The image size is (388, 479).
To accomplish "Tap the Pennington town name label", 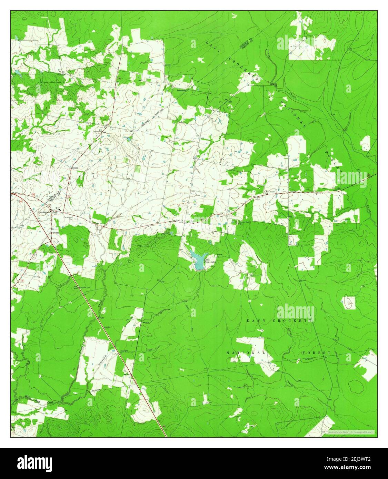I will point(44,212).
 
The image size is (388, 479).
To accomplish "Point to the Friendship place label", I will point(181,90).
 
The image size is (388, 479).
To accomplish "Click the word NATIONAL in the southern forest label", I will point(246,353).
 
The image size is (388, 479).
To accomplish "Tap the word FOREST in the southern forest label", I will point(316,353).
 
